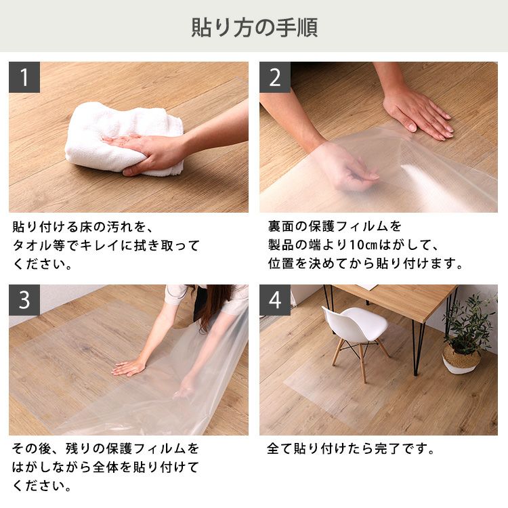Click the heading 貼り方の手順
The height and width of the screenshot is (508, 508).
pyautogui.click(x=254, y=28)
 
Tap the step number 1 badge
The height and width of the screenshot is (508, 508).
pyautogui.click(x=24, y=77)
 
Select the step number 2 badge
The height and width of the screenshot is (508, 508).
pyautogui.click(x=275, y=77)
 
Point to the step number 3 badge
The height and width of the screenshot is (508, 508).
pyautogui.click(x=24, y=300)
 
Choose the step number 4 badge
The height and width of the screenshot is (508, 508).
pyautogui.click(x=275, y=300)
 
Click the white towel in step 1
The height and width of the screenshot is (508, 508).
pyautogui.click(x=123, y=137)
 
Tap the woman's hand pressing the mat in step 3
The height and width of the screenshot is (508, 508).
pyautogui.click(x=129, y=368)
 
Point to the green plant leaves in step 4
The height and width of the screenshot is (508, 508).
pyautogui.click(x=470, y=321)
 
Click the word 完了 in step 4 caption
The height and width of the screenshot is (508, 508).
pyautogui.click(x=388, y=448)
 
